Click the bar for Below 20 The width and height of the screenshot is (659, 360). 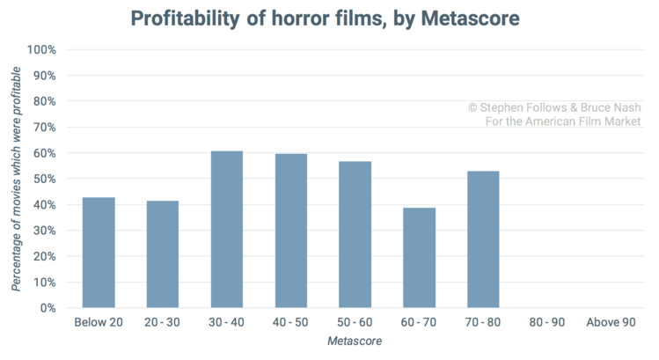click(x=99, y=253)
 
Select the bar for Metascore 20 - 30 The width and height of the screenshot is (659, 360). click(x=163, y=254)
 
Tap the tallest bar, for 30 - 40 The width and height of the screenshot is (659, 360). click(x=227, y=229)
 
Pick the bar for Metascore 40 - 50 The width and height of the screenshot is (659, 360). click(x=291, y=231)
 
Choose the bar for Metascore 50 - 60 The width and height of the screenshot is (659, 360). click(x=355, y=234)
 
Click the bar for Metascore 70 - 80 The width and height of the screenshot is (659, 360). click(x=484, y=239)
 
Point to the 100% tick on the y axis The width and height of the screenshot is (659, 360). click(x=42, y=49)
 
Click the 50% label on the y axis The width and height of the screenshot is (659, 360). click(x=45, y=179)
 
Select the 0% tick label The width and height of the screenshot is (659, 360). click(x=48, y=308)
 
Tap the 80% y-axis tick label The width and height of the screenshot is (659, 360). click(x=45, y=101)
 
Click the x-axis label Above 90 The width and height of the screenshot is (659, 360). click(x=611, y=323)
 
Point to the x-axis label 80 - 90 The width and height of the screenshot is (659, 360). click(x=547, y=323)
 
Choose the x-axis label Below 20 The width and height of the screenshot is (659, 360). click(x=99, y=323)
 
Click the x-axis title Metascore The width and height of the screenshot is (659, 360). click(x=355, y=341)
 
